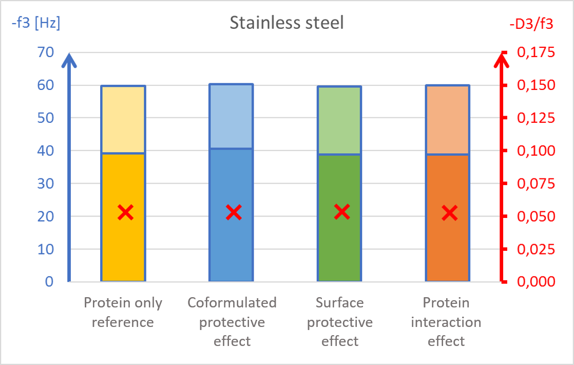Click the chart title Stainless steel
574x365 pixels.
click(x=286, y=23)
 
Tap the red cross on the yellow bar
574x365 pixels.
click(x=125, y=212)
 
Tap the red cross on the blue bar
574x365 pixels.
click(x=234, y=212)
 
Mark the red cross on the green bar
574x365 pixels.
click(x=342, y=211)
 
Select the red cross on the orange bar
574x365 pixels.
click(x=450, y=212)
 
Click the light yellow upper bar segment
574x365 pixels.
click(x=123, y=119)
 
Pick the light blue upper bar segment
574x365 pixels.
click(x=231, y=116)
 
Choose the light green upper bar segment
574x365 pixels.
click(x=339, y=120)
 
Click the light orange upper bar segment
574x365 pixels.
click(x=447, y=120)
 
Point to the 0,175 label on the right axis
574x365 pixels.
click(x=537, y=52)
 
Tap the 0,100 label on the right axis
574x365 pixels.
click(x=537, y=151)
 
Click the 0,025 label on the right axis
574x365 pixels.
click(x=537, y=249)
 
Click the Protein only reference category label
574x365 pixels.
click(x=123, y=313)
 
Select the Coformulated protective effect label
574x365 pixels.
click(x=232, y=322)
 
